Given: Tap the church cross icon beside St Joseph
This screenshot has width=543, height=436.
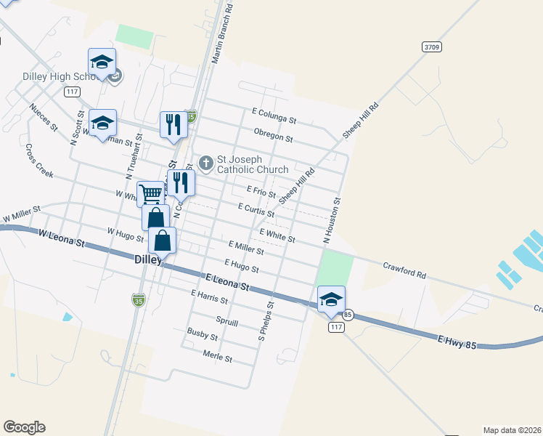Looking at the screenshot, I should pyautogui.click(x=206, y=163).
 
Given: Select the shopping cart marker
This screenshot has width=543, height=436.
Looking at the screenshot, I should pyautogui.click(x=150, y=194).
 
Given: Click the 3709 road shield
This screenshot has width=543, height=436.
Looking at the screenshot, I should pyautogui.click(x=431, y=47).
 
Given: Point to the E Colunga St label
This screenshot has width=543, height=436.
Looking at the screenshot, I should pyautogui.click(x=274, y=115).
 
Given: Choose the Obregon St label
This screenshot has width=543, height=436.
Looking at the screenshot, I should pyautogui.click(x=273, y=136).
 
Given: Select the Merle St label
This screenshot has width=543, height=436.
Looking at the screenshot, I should pyautogui.click(x=218, y=358).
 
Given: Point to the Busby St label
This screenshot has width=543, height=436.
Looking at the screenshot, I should pyautogui.click(x=202, y=336).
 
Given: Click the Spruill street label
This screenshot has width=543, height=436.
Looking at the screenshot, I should pyautogui.click(x=227, y=320).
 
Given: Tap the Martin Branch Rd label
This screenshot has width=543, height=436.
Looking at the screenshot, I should pyautogui.click(x=221, y=33).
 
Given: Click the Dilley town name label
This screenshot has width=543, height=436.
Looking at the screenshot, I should pyautogui.click(x=150, y=259).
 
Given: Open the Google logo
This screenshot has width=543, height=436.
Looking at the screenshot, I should pyautogui.click(x=24, y=427).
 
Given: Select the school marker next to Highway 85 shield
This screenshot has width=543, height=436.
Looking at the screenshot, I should pyautogui.click(x=331, y=299).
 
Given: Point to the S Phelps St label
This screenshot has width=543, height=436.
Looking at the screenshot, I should pyautogui.click(x=265, y=322).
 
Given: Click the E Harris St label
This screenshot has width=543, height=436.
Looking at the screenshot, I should pyautogui.click(x=209, y=297).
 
